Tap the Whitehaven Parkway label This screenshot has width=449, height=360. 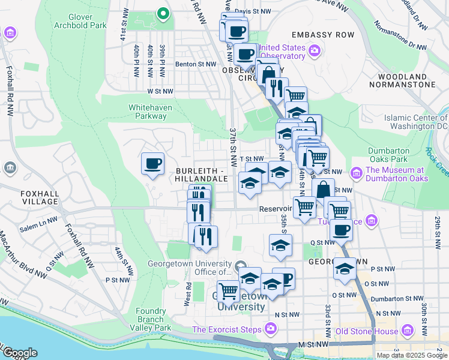pos(147,112)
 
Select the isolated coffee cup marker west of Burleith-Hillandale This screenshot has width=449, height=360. pos(152,163)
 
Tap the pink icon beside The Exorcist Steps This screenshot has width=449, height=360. pos(270,329)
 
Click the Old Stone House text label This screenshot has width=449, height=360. pos(366,331)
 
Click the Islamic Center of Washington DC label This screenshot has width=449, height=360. pos(414,122)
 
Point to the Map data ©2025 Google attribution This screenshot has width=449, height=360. pos(411,355)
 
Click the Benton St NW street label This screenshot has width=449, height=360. pos(195,64)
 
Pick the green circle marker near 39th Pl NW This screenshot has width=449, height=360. pos(161,13)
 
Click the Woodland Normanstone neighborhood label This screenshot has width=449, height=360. pos(406,80)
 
